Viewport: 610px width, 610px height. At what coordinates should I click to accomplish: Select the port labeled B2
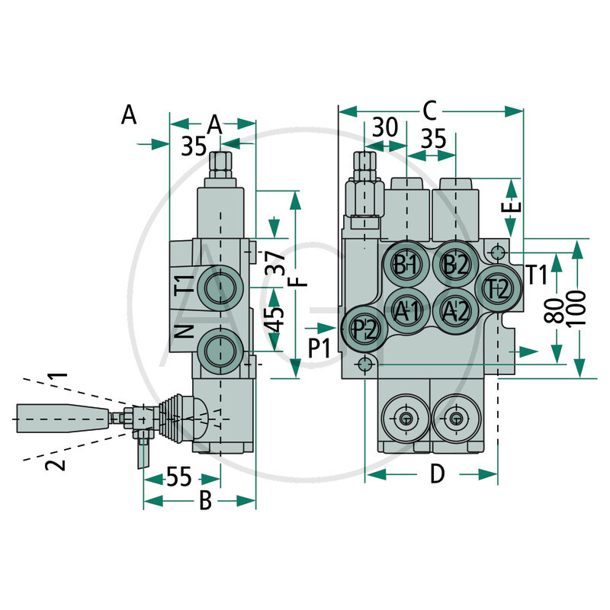click(x=455, y=265)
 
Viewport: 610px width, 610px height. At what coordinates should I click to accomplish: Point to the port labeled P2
click(x=364, y=329)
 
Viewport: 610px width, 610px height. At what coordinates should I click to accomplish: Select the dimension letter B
click(x=205, y=501)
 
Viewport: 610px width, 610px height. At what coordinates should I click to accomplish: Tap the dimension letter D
click(x=436, y=475)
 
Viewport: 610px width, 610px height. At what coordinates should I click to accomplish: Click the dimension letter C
click(x=429, y=111)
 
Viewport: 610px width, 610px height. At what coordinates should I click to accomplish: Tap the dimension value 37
click(x=279, y=263)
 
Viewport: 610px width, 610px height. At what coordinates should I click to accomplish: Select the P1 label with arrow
click(x=321, y=348)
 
